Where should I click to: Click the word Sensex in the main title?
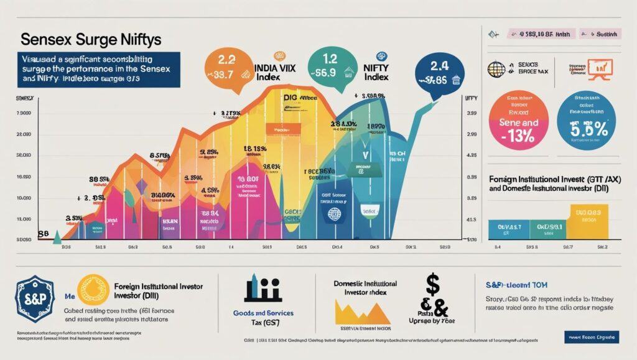click(x=45, y=39)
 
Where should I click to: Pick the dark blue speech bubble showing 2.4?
click(x=438, y=70)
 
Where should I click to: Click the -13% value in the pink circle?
click(x=518, y=133)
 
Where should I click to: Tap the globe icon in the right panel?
click(x=496, y=68)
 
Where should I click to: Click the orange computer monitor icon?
click(x=600, y=68)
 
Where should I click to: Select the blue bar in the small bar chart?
click(x=509, y=229)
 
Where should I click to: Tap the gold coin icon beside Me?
click(x=93, y=290)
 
